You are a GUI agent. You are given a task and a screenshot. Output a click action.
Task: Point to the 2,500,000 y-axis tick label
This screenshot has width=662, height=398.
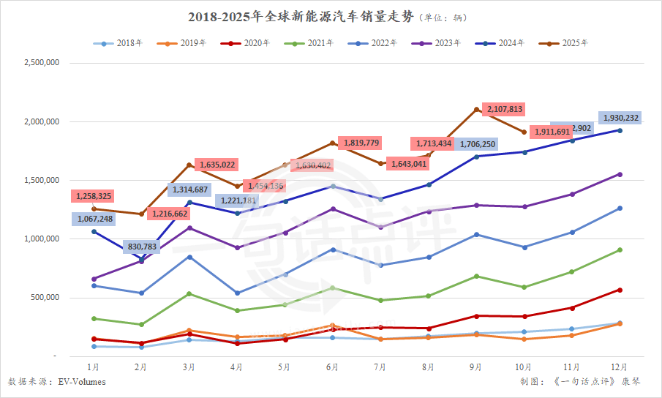coord(41,63)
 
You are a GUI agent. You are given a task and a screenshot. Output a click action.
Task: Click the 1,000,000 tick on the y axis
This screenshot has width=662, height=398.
coord(41,239)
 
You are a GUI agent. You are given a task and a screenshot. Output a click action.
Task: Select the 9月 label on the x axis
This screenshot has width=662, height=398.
coord(476,367)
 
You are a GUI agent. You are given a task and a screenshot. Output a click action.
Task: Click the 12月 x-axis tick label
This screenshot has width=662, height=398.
coord(620,367)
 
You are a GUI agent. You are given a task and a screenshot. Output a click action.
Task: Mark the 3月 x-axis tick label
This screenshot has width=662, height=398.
coord(189,367)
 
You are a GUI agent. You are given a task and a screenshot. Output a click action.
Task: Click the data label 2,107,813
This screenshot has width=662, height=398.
coord(503,109)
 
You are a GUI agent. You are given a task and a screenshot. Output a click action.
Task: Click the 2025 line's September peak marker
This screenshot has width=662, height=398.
coord(476,110)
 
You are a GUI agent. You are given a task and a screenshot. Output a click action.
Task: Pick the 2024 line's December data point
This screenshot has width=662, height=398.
coord(620,130)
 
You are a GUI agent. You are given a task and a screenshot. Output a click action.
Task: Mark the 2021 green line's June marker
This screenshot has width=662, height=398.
coord(333,288)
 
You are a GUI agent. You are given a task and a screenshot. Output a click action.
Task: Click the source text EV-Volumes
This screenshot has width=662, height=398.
coord(82,382)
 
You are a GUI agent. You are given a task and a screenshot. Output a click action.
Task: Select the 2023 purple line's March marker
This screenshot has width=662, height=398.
coord(189,228)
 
